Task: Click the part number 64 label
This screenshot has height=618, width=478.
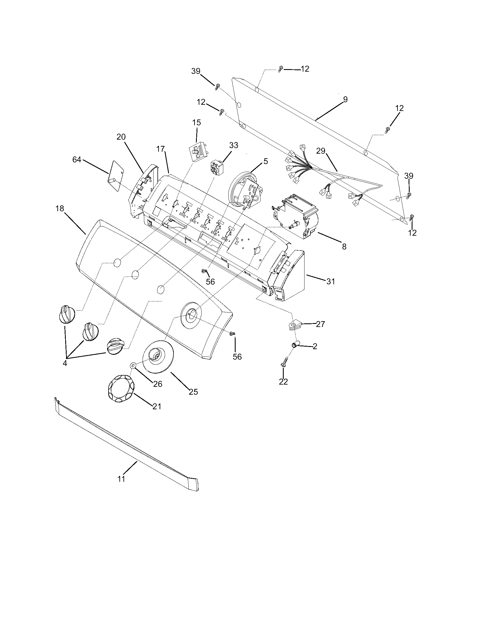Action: [76, 160]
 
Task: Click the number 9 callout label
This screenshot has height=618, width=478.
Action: [345, 100]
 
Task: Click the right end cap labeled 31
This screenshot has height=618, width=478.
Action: [289, 276]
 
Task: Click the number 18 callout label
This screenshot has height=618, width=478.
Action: [60, 208]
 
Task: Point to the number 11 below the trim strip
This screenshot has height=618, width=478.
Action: [121, 479]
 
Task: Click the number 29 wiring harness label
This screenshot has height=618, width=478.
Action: [321, 151]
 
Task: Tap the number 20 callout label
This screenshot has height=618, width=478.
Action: [121, 137]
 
